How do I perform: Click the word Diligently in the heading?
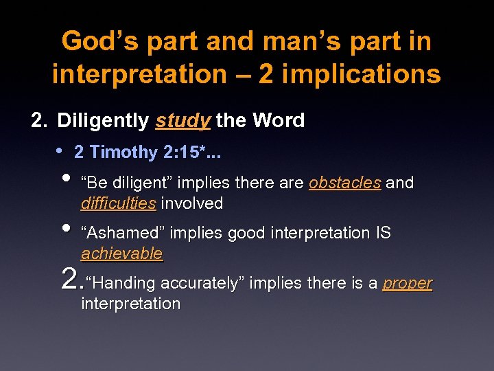[x=103, y=121]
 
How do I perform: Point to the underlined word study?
[x=183, y=122]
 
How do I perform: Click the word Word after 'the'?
[x=279, y=121]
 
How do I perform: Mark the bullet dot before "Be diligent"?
[x=66, y=181]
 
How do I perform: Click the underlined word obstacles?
[x=344, y=183]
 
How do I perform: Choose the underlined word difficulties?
[x=118, y=203]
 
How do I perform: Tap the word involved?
[x=192, y=203]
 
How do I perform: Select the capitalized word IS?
[x=382, y=233]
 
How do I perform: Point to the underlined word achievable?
[x=121, y=254]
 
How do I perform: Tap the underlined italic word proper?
[x=408, y=284]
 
